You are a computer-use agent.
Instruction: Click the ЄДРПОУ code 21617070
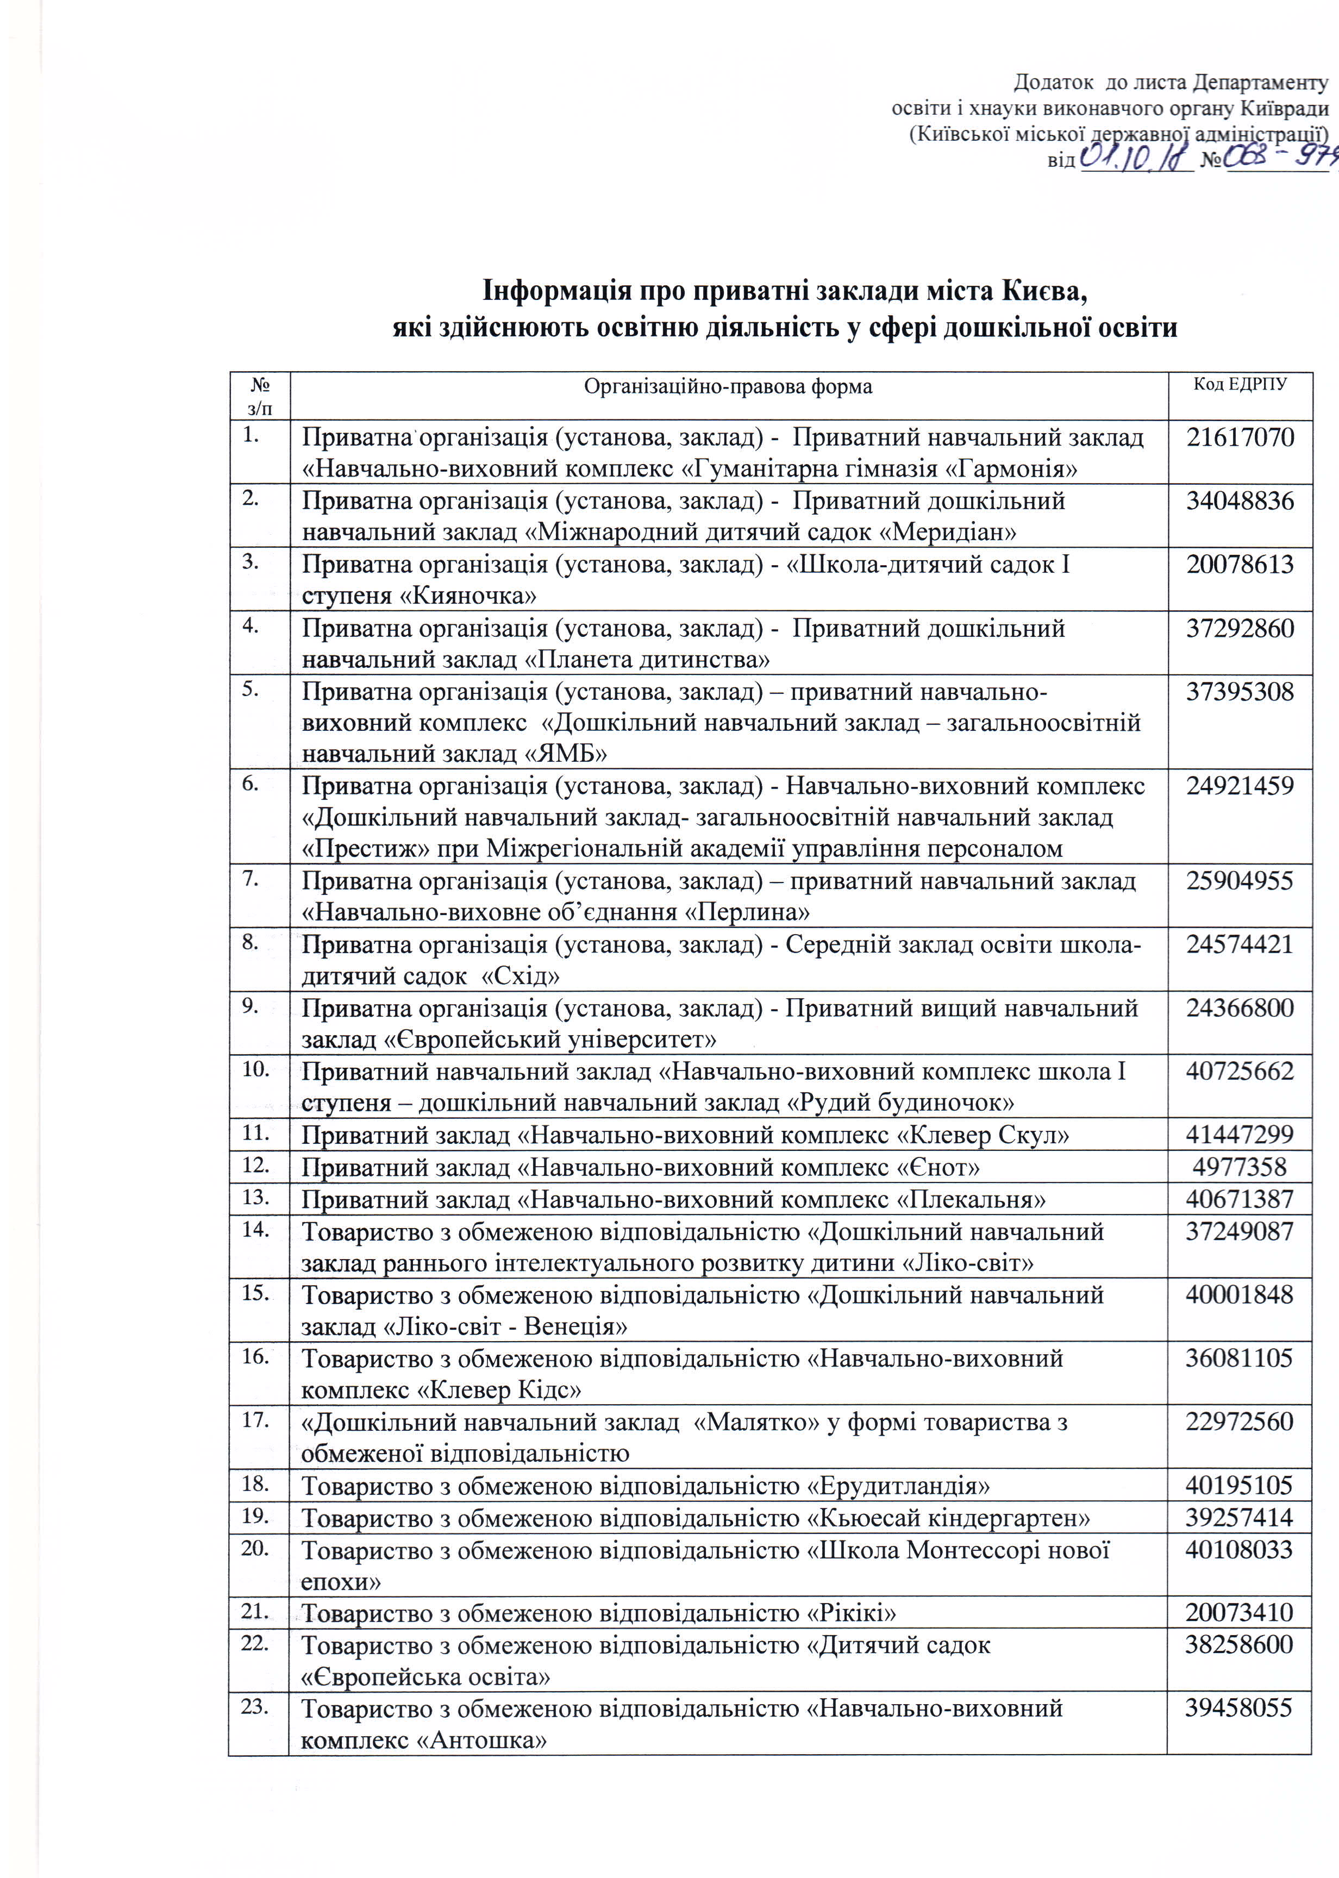(x=1240, y=437)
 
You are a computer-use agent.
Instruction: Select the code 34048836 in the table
(x=1240, y=500)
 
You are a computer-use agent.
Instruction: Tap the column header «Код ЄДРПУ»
(x=1240, y=385)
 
